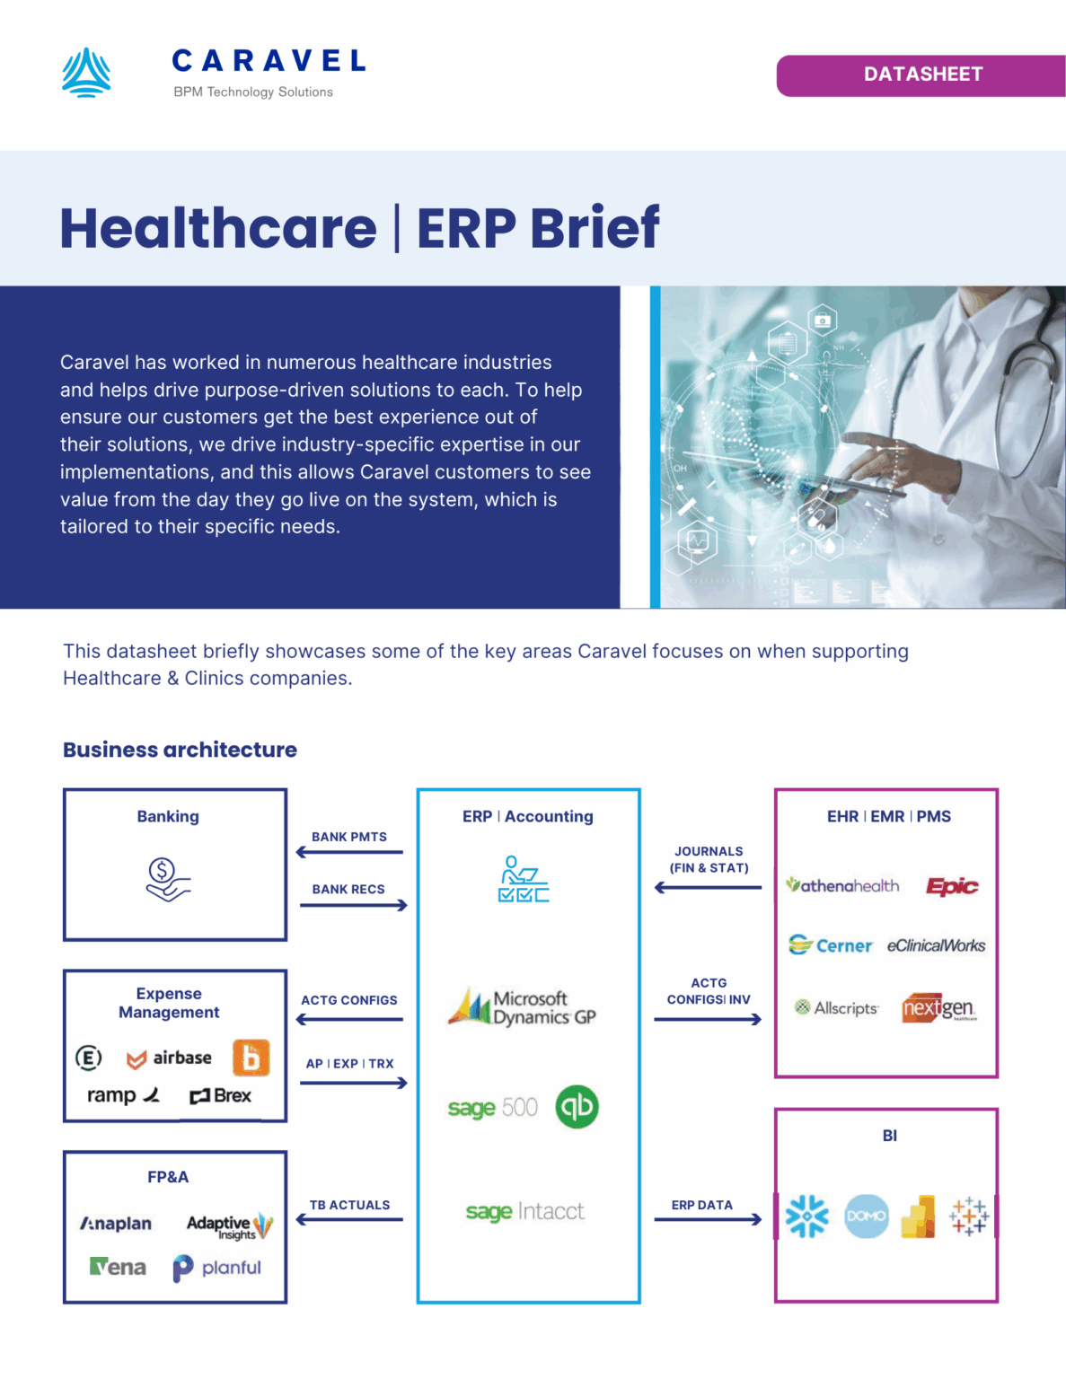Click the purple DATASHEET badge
[921, 75]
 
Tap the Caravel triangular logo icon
[86, 73]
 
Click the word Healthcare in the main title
[218, 228]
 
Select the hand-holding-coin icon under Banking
[168, 879]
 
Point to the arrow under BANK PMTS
[349, 852]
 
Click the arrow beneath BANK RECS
[354, 905]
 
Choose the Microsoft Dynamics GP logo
[522, 1007]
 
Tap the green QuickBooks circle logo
[577, 1106]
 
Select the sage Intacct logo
[524, 1212]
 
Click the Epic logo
[952, 887]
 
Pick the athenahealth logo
[842, 886]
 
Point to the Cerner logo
[831, 945]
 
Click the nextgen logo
[939, 1008]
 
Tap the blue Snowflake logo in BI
[806, 1217]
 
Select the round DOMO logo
[867, 1217]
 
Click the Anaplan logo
[116, 1224]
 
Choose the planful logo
[217, 1268]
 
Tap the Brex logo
[220, 1096]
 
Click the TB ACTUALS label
[349, 1205]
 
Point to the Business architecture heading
[180, 750]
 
